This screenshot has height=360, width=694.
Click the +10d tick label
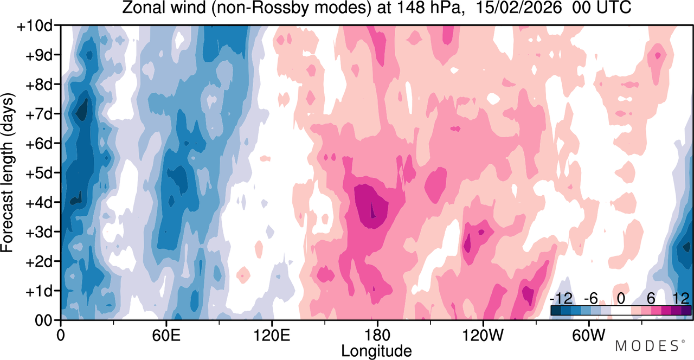(34, 26)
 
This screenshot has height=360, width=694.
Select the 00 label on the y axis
(43, 320)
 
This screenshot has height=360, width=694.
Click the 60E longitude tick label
(166, 335)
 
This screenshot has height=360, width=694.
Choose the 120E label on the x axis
(272, 335)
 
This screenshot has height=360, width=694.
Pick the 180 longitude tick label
(377, 335)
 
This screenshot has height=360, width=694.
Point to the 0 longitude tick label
(61, 335)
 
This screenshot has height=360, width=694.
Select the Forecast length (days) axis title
(8, 172)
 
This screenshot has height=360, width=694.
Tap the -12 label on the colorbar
(561, 299)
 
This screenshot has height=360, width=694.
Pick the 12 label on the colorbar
(681, 299)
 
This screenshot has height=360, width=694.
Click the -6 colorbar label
(590, 299)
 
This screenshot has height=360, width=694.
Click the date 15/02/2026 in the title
(518, 8)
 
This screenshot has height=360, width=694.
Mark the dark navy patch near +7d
(82, 112)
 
